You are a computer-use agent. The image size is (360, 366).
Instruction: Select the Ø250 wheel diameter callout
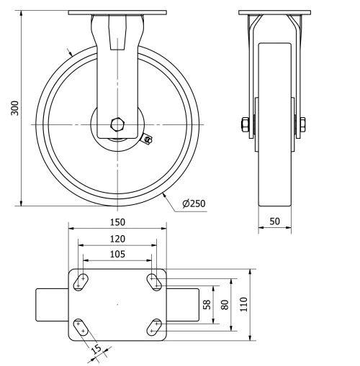(x=194, y=203)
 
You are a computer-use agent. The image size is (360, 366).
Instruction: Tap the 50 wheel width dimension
(x=275, y=222)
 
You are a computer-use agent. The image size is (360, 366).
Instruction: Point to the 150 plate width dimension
(x=117, y=223)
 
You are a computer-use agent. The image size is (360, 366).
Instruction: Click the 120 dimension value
(x=117, y=239)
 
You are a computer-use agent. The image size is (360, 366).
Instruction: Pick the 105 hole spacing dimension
(x=117, y=254)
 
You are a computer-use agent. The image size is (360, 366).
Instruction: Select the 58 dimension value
(x=207, y=304)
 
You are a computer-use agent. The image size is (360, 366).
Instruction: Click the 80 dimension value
(x=225, y=304)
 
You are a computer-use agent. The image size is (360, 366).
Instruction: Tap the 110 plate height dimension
(x=243, y=304)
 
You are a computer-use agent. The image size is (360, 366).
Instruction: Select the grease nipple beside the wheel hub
(x=148, y=139)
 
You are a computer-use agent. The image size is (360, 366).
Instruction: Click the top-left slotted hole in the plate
(x=81, y=282)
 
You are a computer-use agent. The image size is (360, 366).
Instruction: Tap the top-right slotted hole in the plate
(x=154, y=282)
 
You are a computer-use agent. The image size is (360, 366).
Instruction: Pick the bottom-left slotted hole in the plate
(x=81, y=327)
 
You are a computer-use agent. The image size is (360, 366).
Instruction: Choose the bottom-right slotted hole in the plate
(x=154, y=327)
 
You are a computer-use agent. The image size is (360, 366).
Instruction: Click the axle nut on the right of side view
(x=300, y=125)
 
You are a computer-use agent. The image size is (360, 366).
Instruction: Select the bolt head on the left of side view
(x=246, y=125)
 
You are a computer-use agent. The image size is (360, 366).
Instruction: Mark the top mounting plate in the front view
(x=117, y=12)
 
